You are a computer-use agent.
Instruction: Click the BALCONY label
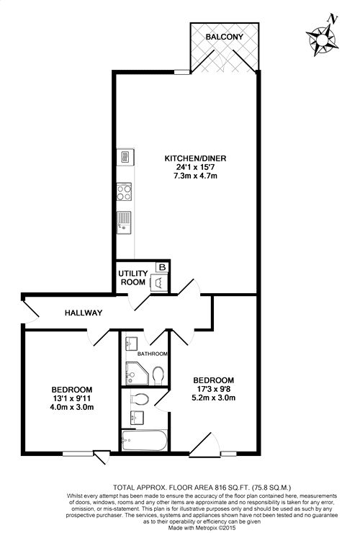coord(225,37)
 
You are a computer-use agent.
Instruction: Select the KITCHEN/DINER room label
coord(195,158)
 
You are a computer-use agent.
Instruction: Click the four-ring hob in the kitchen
coord(124,192)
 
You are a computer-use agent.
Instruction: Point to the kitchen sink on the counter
coord(124,223)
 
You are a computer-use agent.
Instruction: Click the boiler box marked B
coord(162,267)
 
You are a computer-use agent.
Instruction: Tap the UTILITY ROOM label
coord(133,278)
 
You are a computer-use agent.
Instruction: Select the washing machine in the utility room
coord(159,282)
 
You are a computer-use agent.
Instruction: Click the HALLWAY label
coord(84,313)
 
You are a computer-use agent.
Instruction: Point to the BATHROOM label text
coord(153,354)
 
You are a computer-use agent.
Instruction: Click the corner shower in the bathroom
coord(137,373)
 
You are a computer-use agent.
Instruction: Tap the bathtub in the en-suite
coord(145,440)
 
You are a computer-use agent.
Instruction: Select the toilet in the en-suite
coord(139,400)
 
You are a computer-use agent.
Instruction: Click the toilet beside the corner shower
coord(158,375)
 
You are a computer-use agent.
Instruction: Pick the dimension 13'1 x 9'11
coord(72,398)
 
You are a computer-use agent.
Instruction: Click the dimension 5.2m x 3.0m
coord(214,398)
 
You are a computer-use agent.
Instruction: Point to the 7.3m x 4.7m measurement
coord(195,176)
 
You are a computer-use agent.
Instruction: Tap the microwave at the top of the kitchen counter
coord(125,157)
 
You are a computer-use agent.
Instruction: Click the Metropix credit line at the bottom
coord(202,528)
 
